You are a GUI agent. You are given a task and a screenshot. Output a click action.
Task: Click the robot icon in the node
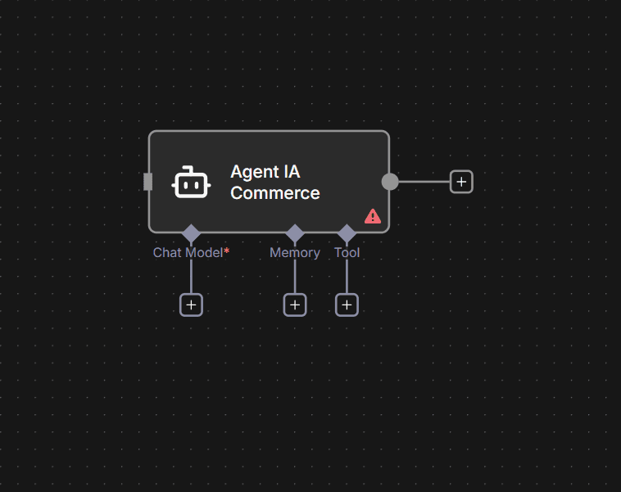[x=192, y=183]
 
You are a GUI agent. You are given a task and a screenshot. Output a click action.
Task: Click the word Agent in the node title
[x=253, y=172]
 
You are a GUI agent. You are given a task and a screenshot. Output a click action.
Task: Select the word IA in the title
[x=291, y=172]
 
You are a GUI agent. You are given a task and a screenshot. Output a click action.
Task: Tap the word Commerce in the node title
[x=275, y=193]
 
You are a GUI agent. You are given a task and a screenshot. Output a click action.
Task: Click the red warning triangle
[x=373, y=216]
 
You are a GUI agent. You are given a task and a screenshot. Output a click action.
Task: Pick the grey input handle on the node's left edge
[x=148, y=182]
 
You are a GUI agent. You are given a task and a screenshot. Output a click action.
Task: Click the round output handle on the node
[x=390, y=182]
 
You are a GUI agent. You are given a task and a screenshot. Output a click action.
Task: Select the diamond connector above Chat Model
[x=191, y=233]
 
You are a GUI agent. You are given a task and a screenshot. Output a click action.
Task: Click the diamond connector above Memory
[x=295, y=233]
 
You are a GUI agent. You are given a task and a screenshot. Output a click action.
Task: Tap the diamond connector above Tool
[x=347, y=233]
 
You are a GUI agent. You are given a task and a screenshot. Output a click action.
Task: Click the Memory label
[x=295, y=252]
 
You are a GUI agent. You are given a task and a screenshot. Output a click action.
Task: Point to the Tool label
[x=347, y=252]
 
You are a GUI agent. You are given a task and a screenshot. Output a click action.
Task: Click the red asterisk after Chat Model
[x=226, y=251]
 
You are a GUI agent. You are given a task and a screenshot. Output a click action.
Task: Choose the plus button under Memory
[x=295, y=305]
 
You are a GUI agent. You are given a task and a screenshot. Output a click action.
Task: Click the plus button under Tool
[x=347, y=305]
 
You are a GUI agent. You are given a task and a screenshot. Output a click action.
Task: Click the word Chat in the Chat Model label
[x=167, y=252]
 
